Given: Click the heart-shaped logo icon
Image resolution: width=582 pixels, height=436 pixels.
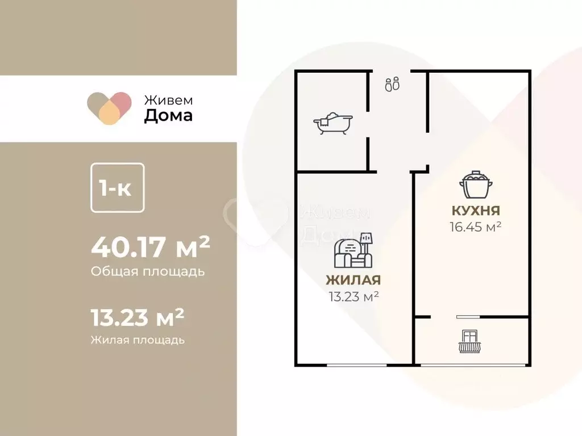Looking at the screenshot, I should tap(109, 108).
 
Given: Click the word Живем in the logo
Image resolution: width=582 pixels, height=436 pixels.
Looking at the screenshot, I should tap(168, 99).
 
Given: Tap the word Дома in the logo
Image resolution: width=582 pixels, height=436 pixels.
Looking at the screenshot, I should tap(168, 116).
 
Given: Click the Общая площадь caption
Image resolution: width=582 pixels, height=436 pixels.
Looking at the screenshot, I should tap(147, 271).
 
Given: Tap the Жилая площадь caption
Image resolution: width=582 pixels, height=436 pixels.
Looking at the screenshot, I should tap(138, 340).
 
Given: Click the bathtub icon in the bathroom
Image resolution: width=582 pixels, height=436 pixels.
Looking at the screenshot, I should tap(333, 123).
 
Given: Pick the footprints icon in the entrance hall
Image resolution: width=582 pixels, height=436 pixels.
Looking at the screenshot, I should tap(392, 85).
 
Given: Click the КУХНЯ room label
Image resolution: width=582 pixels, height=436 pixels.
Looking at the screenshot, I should tap(476, 211).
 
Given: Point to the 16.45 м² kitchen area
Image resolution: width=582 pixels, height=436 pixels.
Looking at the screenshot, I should tap(476, 227).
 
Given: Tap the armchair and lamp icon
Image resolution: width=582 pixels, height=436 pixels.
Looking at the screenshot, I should tap(354, 250).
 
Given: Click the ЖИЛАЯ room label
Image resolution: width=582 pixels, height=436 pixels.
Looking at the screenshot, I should tap(353, 280).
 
